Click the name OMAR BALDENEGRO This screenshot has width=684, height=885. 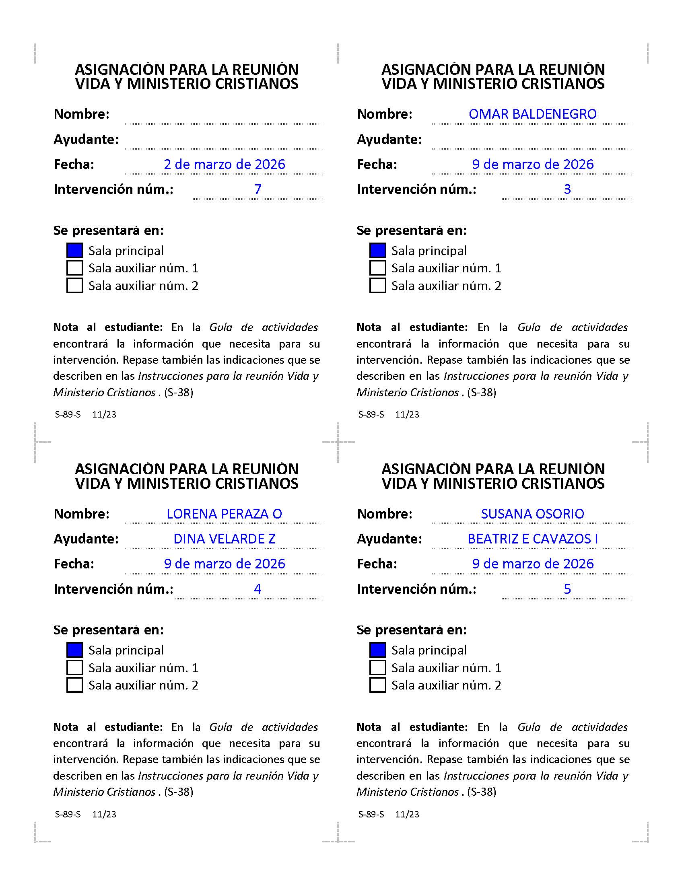tap(532, 114)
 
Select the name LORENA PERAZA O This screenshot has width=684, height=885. tap(224, 514)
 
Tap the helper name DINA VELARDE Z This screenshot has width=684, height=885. tap(224, 539)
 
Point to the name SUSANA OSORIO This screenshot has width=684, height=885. tap(532, 514)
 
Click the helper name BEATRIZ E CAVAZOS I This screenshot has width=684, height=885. tap(532, 539)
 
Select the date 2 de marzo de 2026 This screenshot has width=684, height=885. tap(224, 165)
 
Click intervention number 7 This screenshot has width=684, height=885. tap(258, 189)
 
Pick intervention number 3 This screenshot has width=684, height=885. tap(567, 189)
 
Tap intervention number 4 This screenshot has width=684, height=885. tap(258, 589)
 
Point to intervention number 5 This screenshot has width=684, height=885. tap(567, 589)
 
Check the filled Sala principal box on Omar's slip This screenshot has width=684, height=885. tap(378, 251)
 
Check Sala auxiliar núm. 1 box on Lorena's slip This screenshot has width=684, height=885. tap(75, 668)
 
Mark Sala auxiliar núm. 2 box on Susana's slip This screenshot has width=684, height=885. tap(378, 685)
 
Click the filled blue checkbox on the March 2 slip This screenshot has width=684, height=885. tap(75, 251)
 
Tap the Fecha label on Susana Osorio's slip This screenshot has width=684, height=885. tap(377, 564)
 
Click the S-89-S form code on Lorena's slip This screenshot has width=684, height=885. tap(68, 814)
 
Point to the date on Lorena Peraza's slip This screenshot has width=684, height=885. tap(224, 564)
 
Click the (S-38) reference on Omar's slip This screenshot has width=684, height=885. tap(481, 393)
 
